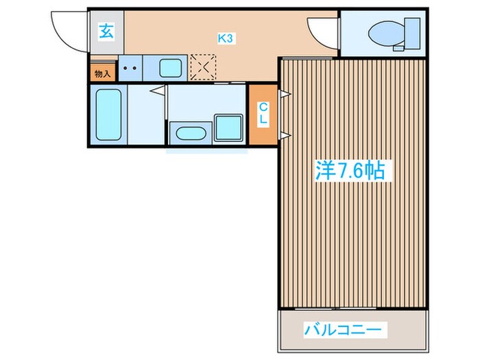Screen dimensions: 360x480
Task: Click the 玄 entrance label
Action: click(x=106, y=30)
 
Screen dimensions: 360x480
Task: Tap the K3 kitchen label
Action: click(x=226, y=39)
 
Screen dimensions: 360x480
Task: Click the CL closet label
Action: click(x=263, y=112)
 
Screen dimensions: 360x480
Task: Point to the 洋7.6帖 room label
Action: click(x=350, y=171)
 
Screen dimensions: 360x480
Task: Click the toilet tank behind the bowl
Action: click(x=411, y=32)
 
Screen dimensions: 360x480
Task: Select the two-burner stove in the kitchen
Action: click(x=130, y=69)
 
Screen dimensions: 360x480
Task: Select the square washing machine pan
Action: click(x=228, y=128)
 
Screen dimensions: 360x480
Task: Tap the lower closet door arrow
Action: click(x=282, y=134)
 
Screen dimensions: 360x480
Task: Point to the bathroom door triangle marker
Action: click(x=161, y=89)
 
